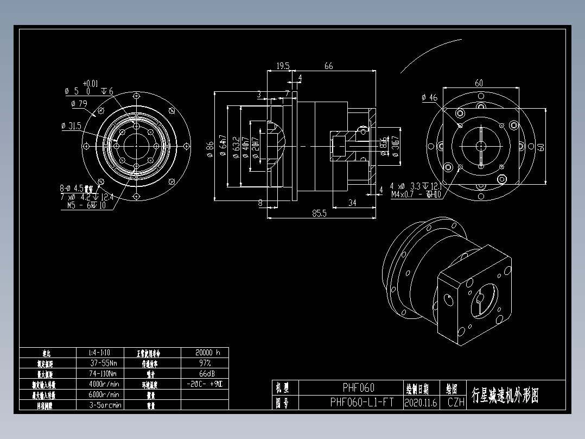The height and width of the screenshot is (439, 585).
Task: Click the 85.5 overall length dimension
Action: coord(319,214)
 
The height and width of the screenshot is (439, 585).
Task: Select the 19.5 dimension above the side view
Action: coord(283,66)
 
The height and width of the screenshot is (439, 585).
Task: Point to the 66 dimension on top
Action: coord(329,66)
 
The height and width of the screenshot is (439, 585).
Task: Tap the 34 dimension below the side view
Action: coord(352,203)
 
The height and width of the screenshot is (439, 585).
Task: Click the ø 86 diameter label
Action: coord(210,148)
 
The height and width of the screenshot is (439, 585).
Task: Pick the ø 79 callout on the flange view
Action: coord(79,103)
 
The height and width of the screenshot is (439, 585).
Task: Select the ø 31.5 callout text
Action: coord(72,126)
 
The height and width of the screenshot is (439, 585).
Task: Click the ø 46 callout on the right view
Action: coord(429,98)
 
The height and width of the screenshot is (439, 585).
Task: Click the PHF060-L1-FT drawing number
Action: coord(362,403)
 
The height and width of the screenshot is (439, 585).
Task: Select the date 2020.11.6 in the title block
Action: coord(421,403)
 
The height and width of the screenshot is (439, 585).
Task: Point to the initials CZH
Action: coord(456,403)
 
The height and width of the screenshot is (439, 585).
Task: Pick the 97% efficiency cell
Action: coord(205,363)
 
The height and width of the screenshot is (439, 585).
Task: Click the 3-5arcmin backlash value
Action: coord(105,405)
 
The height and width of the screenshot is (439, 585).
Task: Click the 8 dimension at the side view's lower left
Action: coord(260,203)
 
